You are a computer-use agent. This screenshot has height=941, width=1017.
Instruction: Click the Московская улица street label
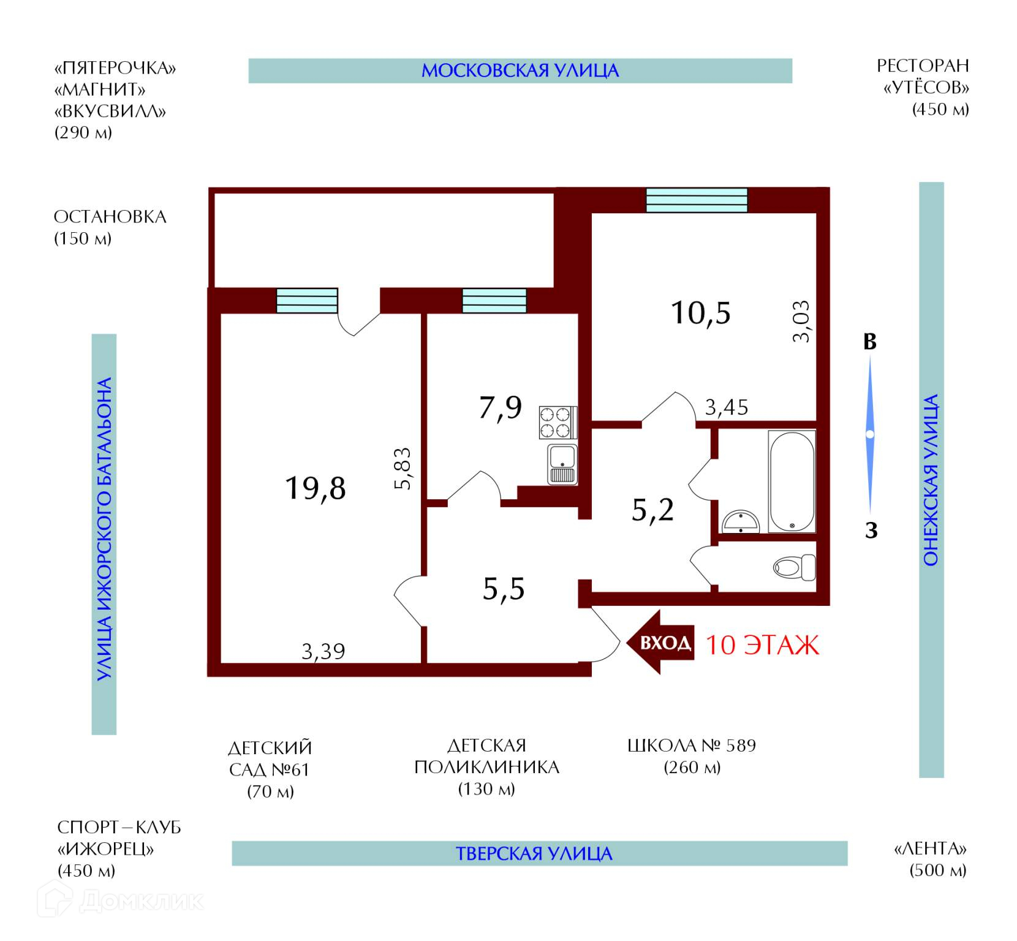click(x=520, y=70)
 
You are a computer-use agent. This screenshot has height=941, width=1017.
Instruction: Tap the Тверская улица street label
click(x=534, y=853)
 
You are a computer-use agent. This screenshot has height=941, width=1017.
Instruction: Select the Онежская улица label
click(x=931, y=480)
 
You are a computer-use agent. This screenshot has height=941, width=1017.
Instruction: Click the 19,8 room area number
click(x=315, y=488)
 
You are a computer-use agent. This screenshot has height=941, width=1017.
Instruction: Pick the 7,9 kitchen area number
click(x=500, y=407)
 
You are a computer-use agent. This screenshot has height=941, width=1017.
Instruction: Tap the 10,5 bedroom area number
click(x=700, y=312)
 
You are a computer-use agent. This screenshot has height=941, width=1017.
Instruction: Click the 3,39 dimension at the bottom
click(x=323, y=651)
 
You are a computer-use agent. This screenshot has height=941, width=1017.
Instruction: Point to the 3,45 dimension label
click(x=727, y=407)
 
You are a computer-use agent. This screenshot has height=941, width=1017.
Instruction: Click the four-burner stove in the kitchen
click(x=558, y=422)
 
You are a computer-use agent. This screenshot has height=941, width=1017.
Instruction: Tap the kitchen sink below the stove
click(x=562, y=464)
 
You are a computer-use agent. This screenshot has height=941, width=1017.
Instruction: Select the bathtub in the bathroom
click(x=792, y=482)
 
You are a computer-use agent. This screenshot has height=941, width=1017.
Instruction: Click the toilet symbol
click(x=795, y=567)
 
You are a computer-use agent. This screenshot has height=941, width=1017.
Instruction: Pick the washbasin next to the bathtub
click(x=741, y=522)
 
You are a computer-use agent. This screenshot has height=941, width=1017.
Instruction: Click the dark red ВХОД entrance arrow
click(x=660, y=643)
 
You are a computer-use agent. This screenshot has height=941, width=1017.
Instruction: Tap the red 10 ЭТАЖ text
click(x=762, y=645)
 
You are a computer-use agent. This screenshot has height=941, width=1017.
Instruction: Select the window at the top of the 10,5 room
click(x=697, y=200)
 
